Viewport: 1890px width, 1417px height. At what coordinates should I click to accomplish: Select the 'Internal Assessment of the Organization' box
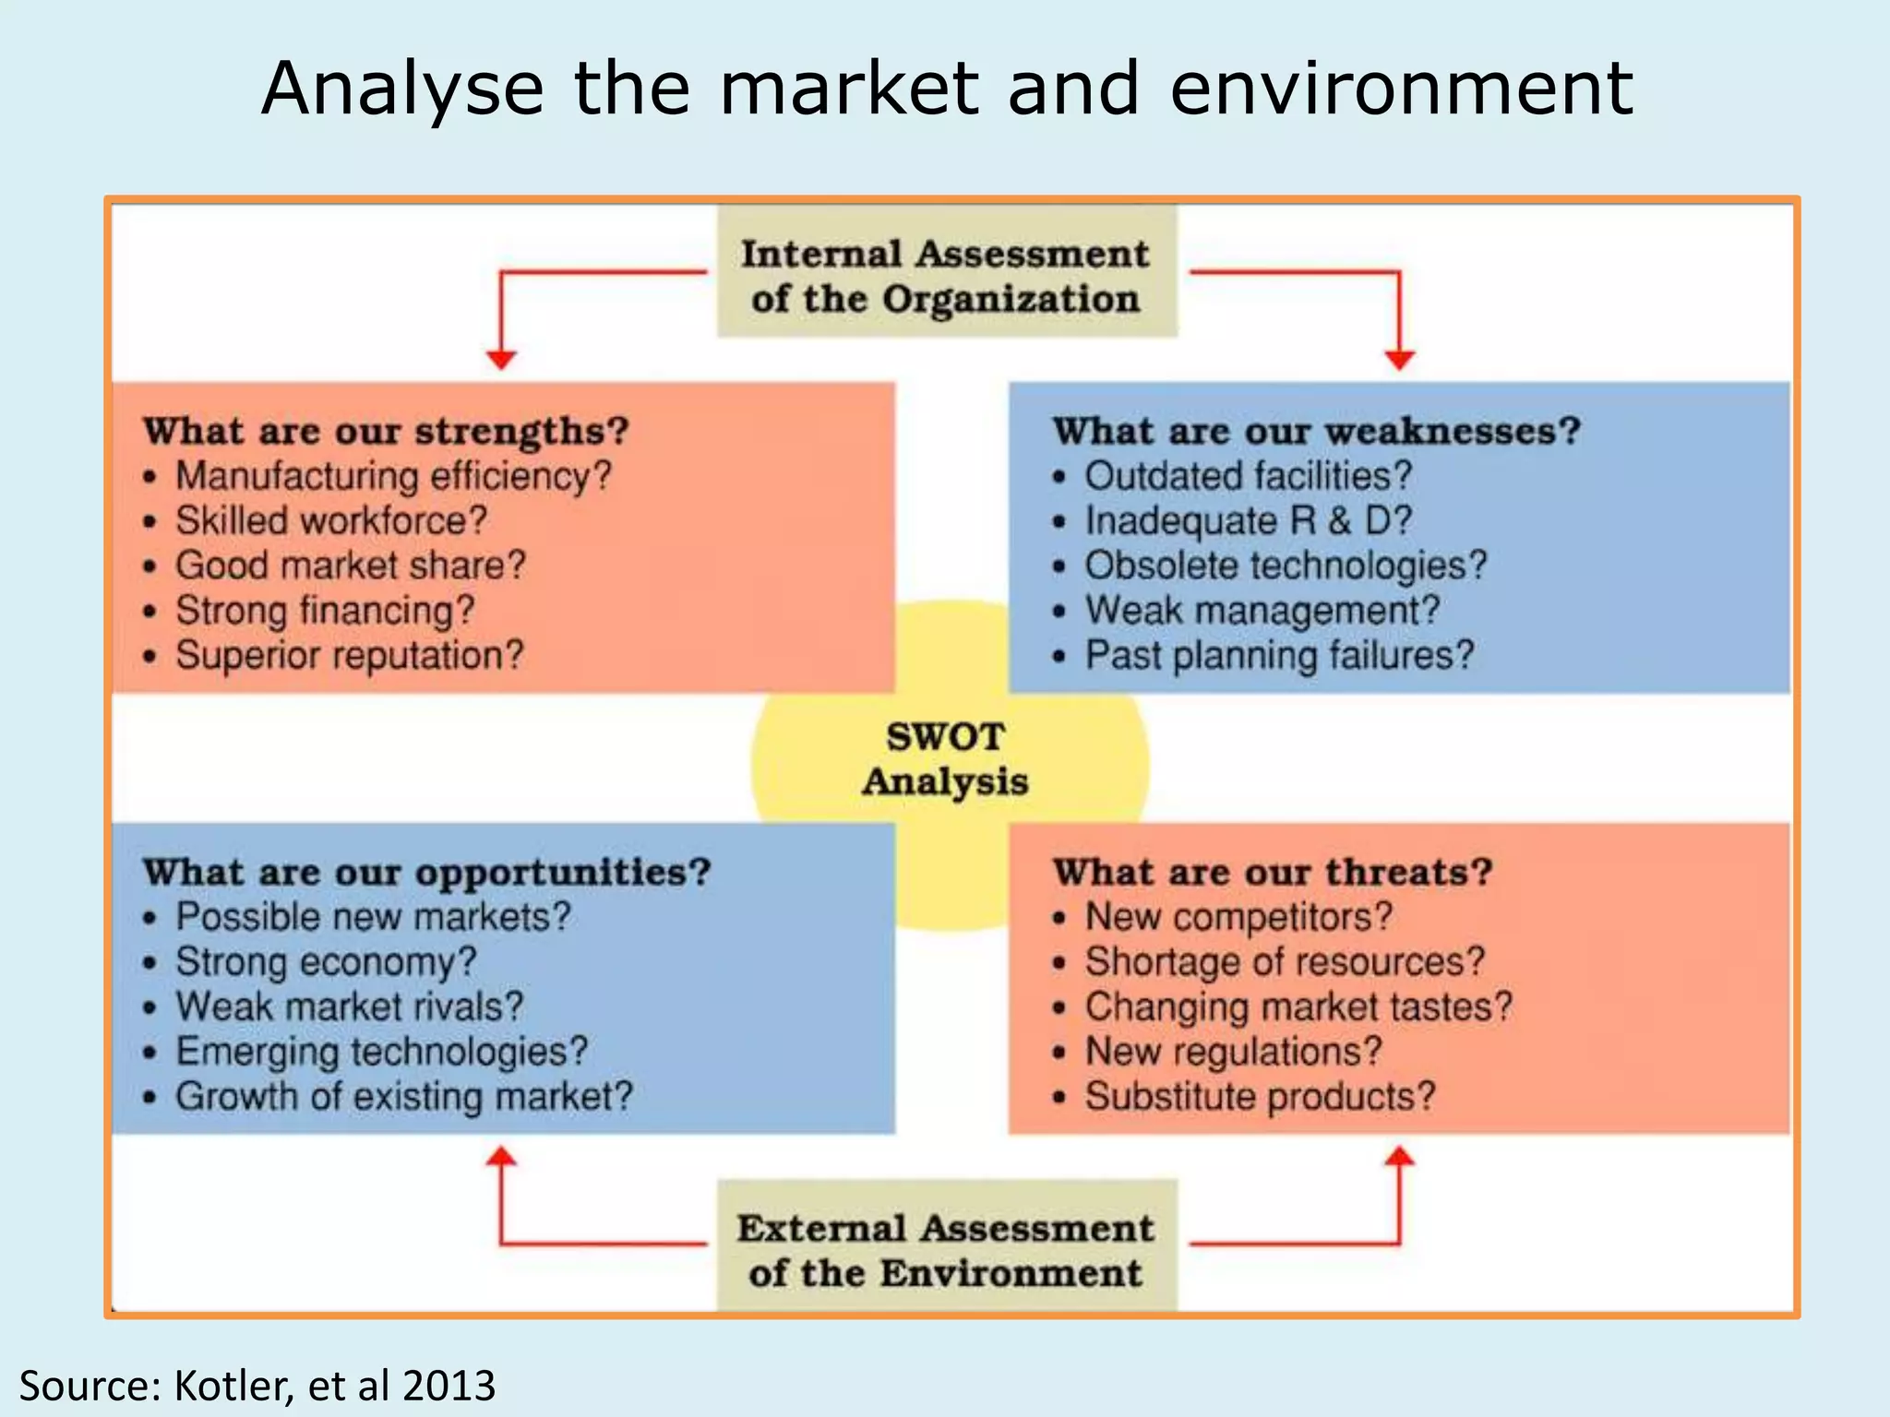coord(946,275)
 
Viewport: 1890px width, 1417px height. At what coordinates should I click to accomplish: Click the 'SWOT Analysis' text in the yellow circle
coord(946,759)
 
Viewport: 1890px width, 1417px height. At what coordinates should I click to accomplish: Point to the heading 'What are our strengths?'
coord(386,431)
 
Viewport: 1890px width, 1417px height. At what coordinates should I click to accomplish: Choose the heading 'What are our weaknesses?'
coord(1317,431)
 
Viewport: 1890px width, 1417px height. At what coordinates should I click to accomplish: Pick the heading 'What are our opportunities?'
coord(426,872)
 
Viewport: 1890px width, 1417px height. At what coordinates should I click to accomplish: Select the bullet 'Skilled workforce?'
coord(330,521)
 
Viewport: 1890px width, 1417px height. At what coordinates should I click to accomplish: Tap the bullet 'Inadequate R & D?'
coord(1248,521)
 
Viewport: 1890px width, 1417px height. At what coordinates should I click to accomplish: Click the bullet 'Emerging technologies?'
coord(381,1052)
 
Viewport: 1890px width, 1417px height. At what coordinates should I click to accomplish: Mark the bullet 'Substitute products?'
coord(1260,1097)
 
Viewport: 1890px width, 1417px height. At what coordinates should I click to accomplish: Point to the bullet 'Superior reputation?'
coord(349,656)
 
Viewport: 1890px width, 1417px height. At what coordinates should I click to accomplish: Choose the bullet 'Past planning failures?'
coord(1279,656)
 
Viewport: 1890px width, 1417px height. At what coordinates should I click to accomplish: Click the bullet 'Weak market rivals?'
coord(349,1006)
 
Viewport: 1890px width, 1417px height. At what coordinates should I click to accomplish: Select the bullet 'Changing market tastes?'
coord(1298,1006)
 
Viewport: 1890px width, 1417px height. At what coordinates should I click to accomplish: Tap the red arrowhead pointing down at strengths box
coord(501,360)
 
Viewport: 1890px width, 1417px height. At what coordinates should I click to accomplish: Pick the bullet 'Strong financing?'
coord(325,611)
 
